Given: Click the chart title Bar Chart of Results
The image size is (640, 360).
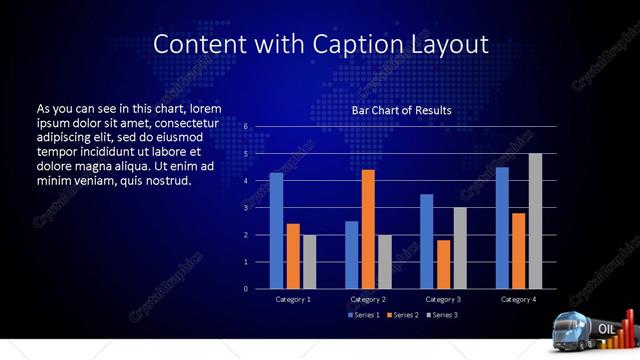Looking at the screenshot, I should pyautogui.click(x=401, y=110).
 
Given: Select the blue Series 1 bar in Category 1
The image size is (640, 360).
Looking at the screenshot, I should pyautogui.click(x=276, y=231).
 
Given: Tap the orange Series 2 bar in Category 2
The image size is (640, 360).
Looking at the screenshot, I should pyautogui.click(x=368, y=229).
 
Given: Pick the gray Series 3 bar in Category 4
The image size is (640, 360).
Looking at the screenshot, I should pyautogui.click(x=535, y=221).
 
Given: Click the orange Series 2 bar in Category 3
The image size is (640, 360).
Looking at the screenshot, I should pyautogui.click(x=443, y=264).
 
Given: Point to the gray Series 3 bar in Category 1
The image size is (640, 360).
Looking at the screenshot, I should pyautogui.click(x=309, y=262).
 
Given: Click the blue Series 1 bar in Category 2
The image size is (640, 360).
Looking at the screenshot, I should pyautogui.click(x=352, y=255).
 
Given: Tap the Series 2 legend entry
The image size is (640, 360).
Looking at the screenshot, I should pyautogui.click(x=402, y=315).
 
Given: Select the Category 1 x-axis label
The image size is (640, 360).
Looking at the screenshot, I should pyautogui.click(x=293, y=299).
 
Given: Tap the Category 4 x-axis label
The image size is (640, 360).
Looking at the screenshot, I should pyautogui.click(x=518, y=299).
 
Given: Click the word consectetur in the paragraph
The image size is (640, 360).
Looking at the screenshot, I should pyautogui.click(x=179, y=123).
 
